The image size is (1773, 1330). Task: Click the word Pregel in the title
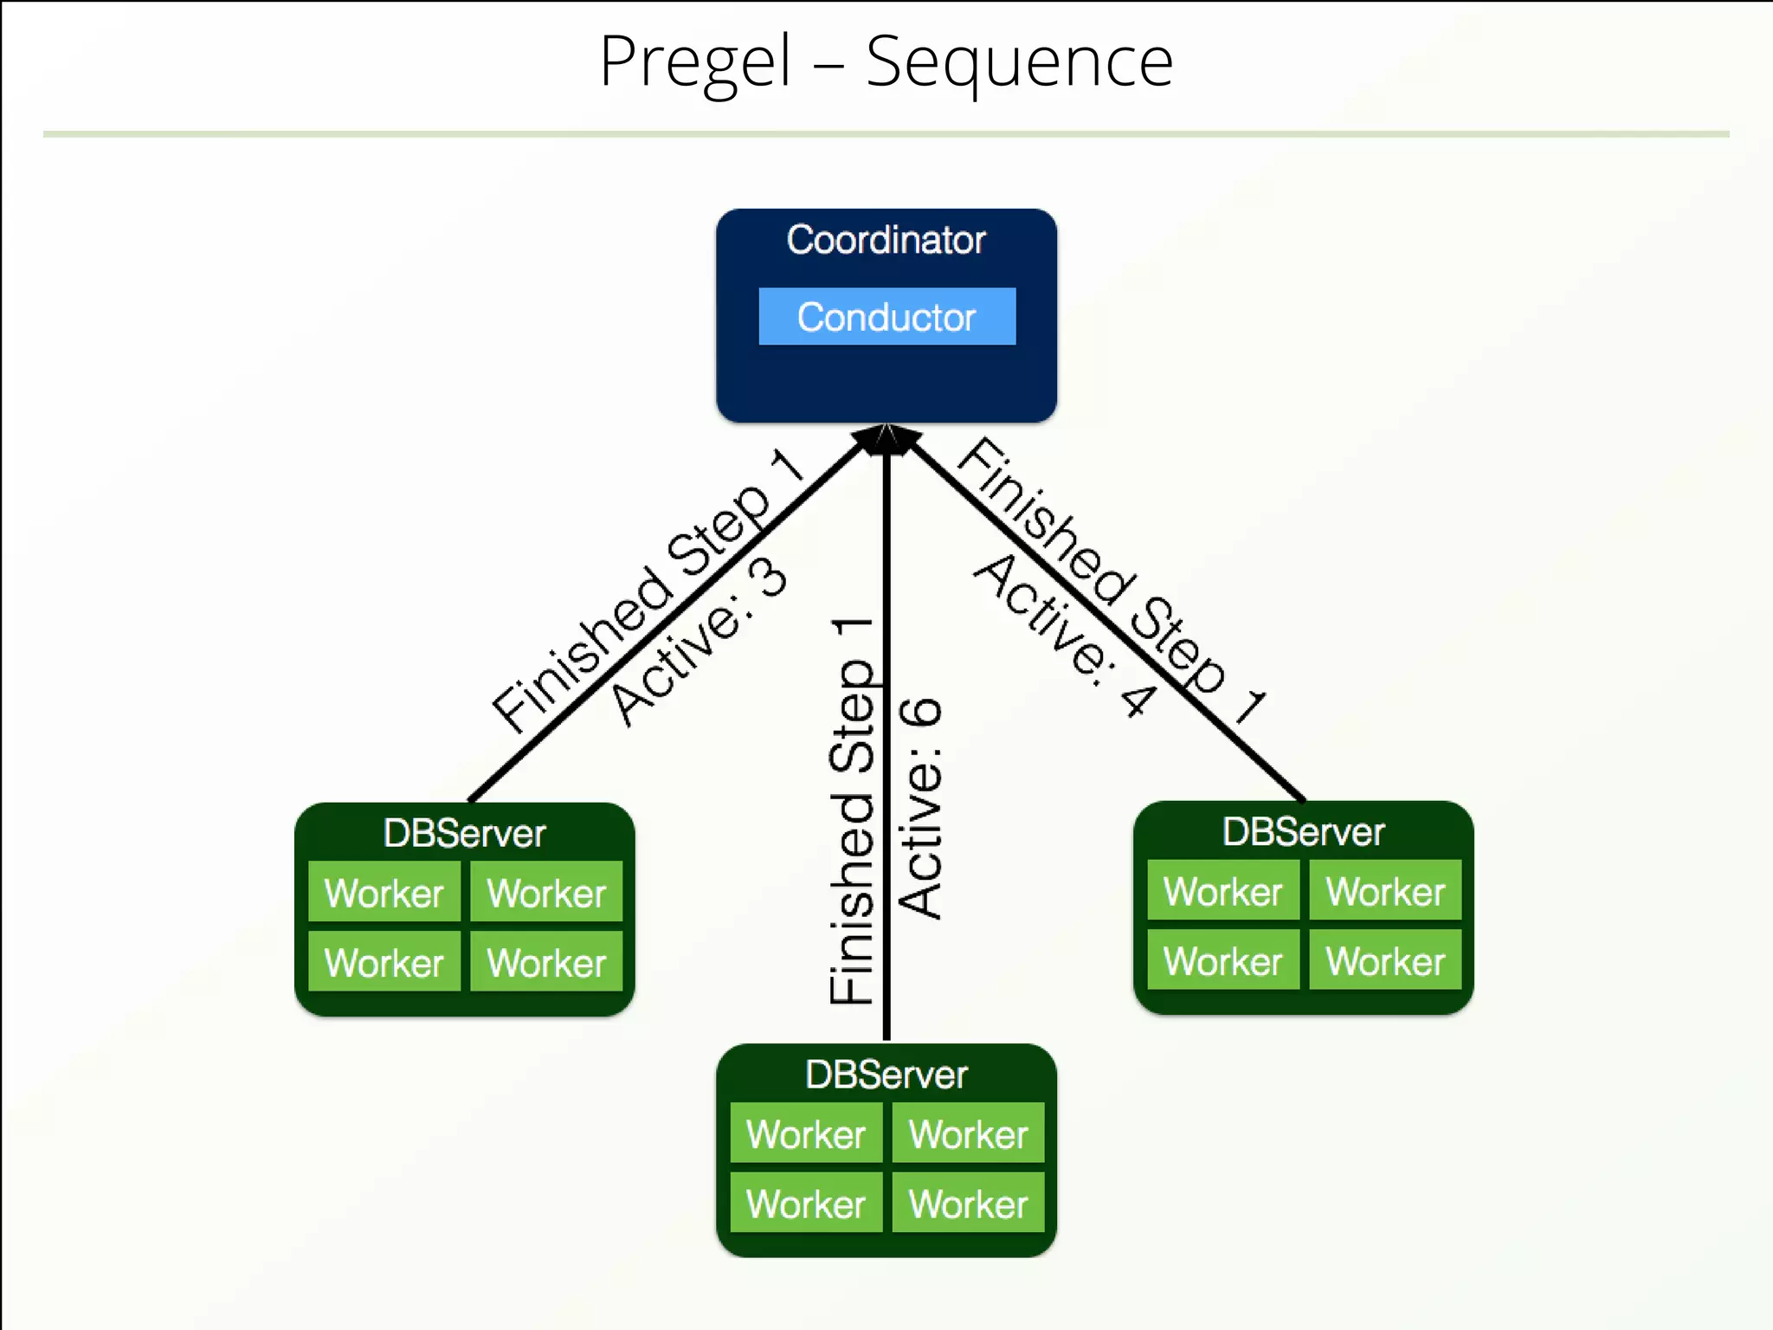click(x=695, y=62)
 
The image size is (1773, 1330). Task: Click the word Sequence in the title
click(x=1019, y=62)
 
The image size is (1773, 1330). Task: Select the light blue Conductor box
click(x=886, y=316)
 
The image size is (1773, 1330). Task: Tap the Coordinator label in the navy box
click(x=886, y=240)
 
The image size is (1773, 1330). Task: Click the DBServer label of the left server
click(x=464, y=833)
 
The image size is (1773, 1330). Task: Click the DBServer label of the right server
click(x=1303, y=831)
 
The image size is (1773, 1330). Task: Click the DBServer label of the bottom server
click(x=886, y=1075)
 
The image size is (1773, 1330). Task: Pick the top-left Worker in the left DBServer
click(x=384, y=892)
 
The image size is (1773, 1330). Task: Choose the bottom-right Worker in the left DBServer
click(x=546, y=962)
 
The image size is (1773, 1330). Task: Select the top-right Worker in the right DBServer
click(x=1385, y=891)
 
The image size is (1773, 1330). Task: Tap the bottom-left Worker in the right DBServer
click(x=1222, y=960)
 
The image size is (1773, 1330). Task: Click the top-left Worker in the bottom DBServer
click(x=805, y=1133)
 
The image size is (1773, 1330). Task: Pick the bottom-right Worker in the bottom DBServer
click(x=968, y=1204)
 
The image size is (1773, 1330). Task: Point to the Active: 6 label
click(x=920, y=807)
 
